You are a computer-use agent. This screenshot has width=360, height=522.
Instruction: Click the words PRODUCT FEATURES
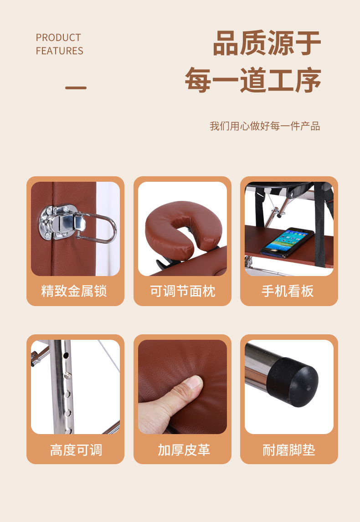[59, 44]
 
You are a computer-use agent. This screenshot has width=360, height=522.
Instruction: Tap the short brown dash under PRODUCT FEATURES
[76, 88]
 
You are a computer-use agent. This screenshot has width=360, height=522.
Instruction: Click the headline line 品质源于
[267, 43]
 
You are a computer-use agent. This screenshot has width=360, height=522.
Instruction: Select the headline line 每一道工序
[253, 80]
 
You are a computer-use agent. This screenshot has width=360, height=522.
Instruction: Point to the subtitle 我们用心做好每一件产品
[265, 126]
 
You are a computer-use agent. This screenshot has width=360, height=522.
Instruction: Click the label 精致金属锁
[74, 291]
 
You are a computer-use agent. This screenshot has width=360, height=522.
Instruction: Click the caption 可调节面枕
[182, 291]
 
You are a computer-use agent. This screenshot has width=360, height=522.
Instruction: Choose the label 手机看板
[288, 291]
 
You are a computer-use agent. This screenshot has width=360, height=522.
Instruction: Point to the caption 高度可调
[76, 450]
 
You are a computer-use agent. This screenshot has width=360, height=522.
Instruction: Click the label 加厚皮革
[184, 450]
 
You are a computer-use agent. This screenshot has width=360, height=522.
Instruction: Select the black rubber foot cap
[293, 382]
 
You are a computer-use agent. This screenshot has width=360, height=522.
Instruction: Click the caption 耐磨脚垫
[289, 450]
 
